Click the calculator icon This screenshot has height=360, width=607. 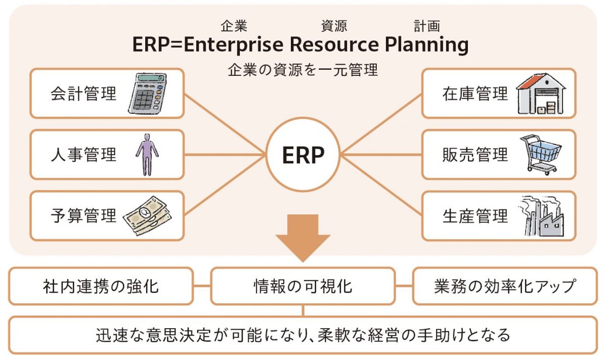point(147,93)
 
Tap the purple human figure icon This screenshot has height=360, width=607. point(147,155)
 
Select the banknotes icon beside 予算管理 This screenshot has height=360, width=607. point(147,216)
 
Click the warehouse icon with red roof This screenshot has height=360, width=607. point(541,94)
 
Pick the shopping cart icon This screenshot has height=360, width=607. point(540,155)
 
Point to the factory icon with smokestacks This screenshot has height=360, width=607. point(541,216)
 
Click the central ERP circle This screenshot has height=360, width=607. point(303,155)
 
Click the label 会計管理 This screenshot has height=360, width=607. point(83,94)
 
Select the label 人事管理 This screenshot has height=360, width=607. point(83,155)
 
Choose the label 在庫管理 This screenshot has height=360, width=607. point(475,94)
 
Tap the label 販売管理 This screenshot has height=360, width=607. point(475,155)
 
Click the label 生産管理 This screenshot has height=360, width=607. point(475,216)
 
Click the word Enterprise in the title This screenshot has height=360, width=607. point(234,45)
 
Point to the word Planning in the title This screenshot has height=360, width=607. point(426,45)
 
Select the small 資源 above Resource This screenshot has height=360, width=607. point(334,26)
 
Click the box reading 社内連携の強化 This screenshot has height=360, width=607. point(101,286)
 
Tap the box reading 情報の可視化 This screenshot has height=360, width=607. point(303,286)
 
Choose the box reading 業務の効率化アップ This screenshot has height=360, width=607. point(505,286)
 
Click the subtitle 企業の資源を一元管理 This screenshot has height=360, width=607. point(303,70)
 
